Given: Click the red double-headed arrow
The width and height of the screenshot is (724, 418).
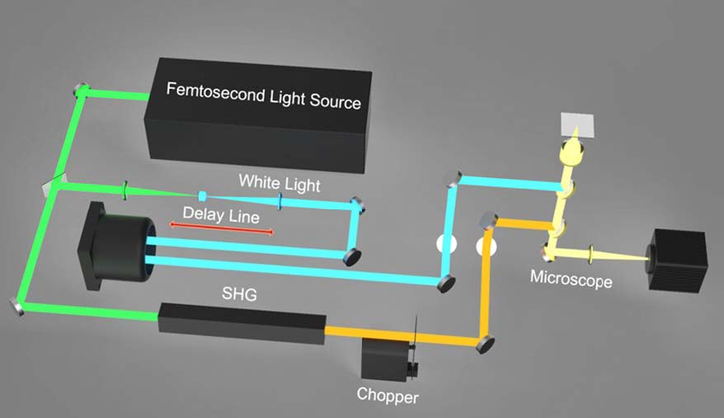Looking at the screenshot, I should (x=221, y=231).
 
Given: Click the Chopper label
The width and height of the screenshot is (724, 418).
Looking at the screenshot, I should (x=387, y=396).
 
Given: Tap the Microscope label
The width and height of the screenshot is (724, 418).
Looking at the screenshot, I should (x=571, y=279).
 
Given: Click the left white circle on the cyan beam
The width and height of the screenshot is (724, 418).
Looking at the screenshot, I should (x=446, y=246).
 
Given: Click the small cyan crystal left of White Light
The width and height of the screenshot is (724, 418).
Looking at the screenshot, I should (x=203, y=196).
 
